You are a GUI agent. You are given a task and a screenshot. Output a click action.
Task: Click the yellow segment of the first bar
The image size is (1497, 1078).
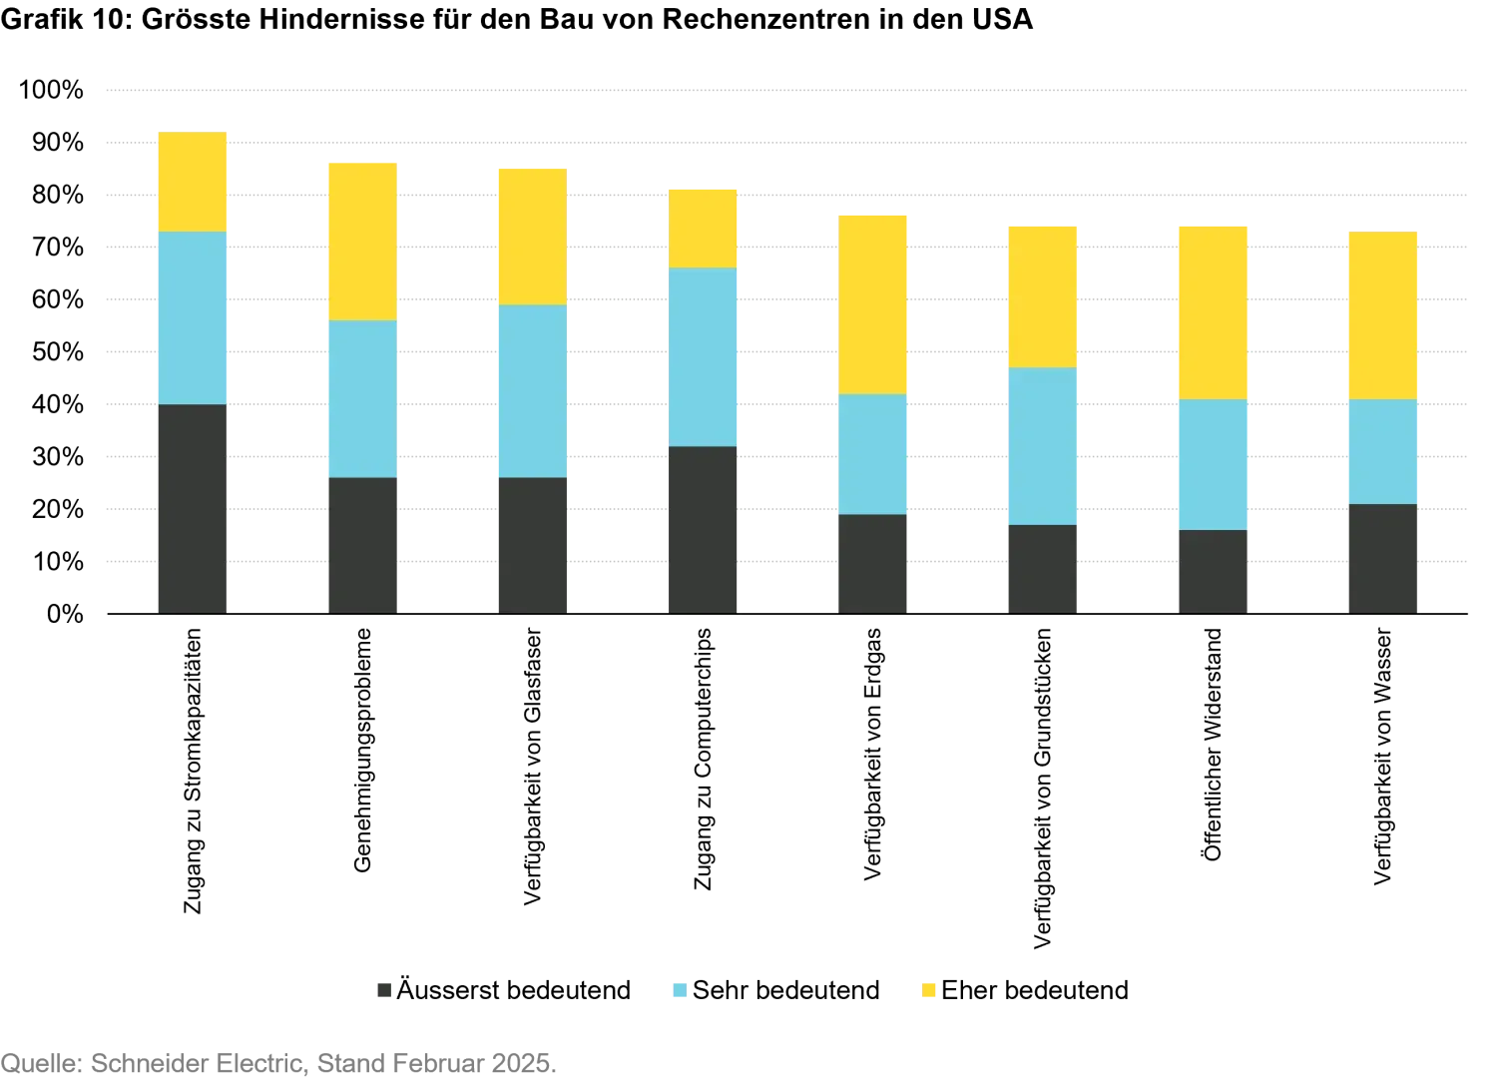coord(192,181)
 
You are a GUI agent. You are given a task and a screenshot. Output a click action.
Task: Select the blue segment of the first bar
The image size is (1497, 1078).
coord(192,317)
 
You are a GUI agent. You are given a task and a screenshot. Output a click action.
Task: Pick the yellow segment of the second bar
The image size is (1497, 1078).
coord(363,240)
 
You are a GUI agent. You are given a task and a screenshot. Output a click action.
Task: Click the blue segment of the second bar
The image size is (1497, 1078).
coord(363,398)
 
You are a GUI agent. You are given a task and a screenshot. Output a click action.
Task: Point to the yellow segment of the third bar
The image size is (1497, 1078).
coord(531,236)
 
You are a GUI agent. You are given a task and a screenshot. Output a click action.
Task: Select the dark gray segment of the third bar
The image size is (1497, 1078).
coord(531,544)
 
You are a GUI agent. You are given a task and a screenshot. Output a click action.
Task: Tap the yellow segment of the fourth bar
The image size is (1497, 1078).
coord(703,227)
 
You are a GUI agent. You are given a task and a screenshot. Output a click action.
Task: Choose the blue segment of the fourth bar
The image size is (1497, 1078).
coord(703,356)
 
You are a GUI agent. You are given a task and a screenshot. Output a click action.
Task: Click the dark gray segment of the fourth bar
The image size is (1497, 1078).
coord(703,528)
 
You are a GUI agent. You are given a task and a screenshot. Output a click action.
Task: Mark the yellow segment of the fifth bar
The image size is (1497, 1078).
coord(874,302)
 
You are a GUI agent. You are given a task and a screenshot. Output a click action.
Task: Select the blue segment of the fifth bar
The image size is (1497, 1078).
coord(874,454)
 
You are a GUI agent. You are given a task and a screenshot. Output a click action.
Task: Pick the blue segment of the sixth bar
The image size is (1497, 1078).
coord(1042,445)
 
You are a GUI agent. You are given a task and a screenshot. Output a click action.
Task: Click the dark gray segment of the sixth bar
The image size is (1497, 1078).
coord(1042,568)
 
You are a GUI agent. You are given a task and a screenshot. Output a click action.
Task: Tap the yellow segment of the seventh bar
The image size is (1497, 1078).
coord(1214,311)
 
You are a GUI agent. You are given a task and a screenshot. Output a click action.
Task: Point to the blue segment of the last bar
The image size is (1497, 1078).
coord(1381,451)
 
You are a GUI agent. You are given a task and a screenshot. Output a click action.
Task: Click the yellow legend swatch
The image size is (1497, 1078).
coord(929,990)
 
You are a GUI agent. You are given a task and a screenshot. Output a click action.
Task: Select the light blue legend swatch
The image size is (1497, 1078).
coord(679,990)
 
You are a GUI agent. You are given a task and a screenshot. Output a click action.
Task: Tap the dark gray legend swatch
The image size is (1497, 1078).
coord(383,990)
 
